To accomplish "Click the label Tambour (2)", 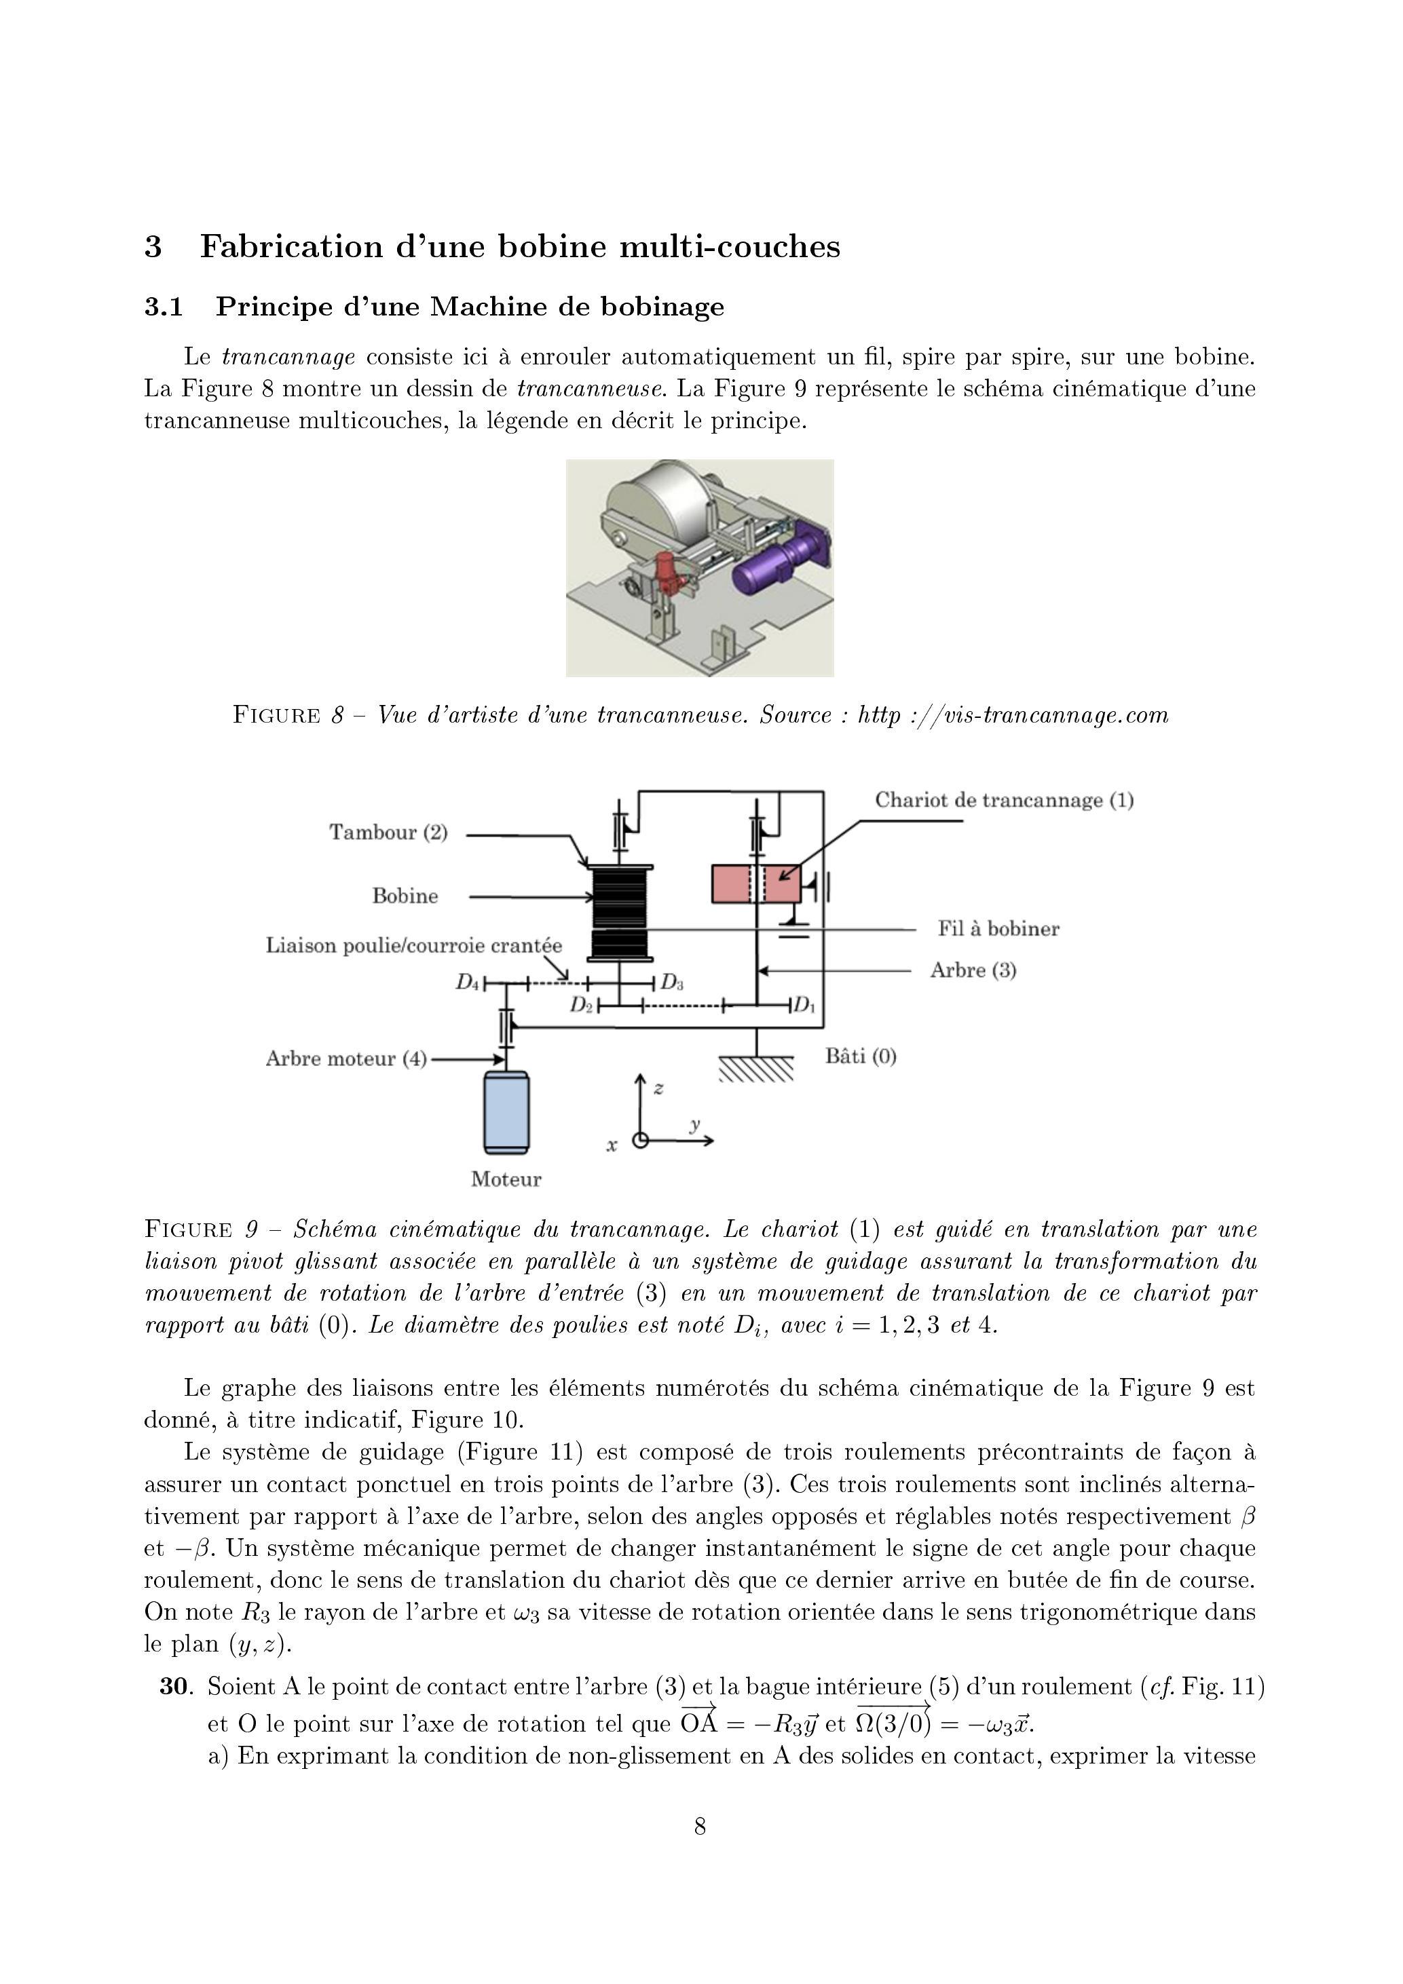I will (388, 832).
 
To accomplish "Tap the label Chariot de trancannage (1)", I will (1004, 800).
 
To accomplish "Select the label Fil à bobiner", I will (998, 929).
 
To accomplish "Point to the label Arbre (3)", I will (973, 970).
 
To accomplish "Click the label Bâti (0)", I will (860, 1056).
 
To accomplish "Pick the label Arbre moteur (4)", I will (345, 1058).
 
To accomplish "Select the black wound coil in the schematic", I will (619, 913).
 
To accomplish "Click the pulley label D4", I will (468, 983).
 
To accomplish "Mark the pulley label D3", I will (673, 983).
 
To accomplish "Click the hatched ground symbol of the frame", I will (756, 1071).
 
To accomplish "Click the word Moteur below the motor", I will (506, 1179).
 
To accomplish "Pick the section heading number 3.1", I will (164, 307).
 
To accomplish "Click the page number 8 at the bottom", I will (700, 1826).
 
